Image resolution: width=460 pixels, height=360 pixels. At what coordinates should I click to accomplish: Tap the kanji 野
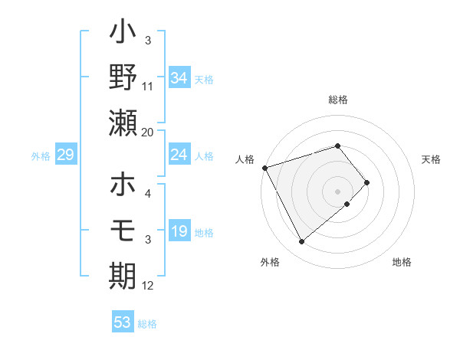point(123,77)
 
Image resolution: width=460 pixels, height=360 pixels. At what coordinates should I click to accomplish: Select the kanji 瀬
point(123,123)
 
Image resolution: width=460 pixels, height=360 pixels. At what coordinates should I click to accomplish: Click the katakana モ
point(123,230)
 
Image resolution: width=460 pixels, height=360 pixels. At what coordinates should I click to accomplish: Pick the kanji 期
point(123,277)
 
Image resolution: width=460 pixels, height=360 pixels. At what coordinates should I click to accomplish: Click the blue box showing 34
point(179,77)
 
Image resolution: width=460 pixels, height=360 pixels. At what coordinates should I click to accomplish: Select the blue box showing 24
point(179,155)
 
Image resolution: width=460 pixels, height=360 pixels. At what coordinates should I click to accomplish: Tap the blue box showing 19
point(179,232)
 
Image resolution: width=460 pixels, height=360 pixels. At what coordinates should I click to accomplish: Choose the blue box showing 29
point(65,155)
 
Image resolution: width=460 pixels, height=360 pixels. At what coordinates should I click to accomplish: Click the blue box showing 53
point(123,322)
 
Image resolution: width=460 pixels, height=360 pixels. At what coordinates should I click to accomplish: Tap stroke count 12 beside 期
point(148,286)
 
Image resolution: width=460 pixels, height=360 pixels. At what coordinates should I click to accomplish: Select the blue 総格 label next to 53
point(147,324)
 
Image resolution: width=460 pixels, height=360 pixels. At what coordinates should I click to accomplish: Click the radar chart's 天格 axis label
point(431,159)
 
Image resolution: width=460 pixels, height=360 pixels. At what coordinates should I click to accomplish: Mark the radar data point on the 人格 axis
point(264,167)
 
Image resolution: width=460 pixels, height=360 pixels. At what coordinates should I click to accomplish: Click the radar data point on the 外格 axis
point(301,242)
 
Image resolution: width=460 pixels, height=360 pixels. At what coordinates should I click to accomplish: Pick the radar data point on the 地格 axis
point(347,204)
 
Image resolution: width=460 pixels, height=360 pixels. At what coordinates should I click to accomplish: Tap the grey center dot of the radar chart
point(337,190)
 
